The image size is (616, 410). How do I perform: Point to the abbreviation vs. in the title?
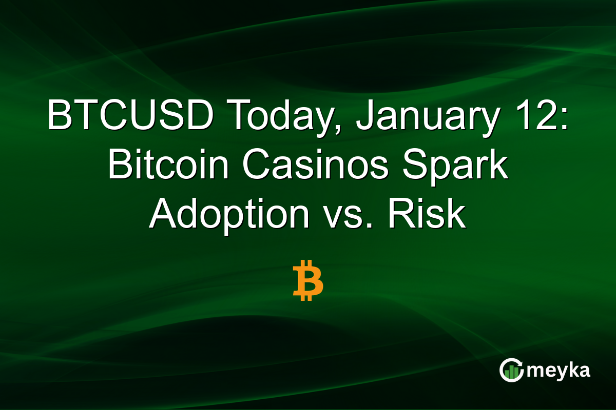click(349, 215)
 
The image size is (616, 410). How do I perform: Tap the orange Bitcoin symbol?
click(308, 280)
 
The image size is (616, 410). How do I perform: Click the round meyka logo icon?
click(511, 371)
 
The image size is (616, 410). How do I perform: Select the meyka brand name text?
click(559, 371)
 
